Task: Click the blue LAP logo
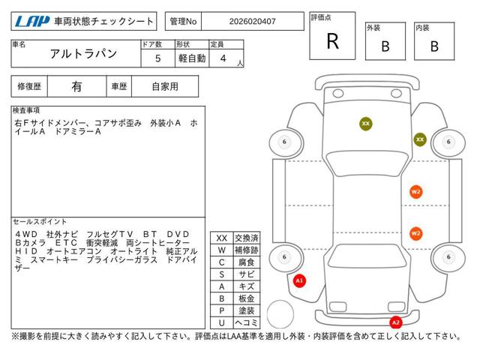pyautogui.click(x=32, y=22)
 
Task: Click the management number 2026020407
pyautogui.click(x=252, y=22)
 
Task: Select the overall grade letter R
pyautogui.click(x=333, y=41)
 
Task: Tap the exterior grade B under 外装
pyautogui.click(x=385, y=46)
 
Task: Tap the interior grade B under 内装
pyautogui.click(x=434, y=46)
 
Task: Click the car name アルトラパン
pyautogui.click(x=83, y=54)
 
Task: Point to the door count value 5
pyautogui.click(x=157, y=58)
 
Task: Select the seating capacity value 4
pyautogui.click(x=223, y=58)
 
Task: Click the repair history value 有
pyautogui.click(x=76, y=87)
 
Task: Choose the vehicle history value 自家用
pyautogui.click(x=165, y=87)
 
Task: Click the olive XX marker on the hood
pyautogui.click(x=366, y=124)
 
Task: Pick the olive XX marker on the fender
pyautogui.click(x=420, y=139)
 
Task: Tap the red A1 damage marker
pyautogui.click(x=299, y=280)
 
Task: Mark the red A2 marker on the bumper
pyautogui.click(x=396, y=322)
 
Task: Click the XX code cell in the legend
pyautogui.click(x=222, y=238)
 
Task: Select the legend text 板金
pyautogui.click(x=247, y=298)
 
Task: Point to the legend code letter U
pyautogui.click(x=222, y=322)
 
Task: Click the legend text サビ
pyautogui.click(x=247, y=274)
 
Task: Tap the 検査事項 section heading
pyautogui.click(x=26, y=110)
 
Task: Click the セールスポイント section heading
pyautogui.click(x=40, y=221)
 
